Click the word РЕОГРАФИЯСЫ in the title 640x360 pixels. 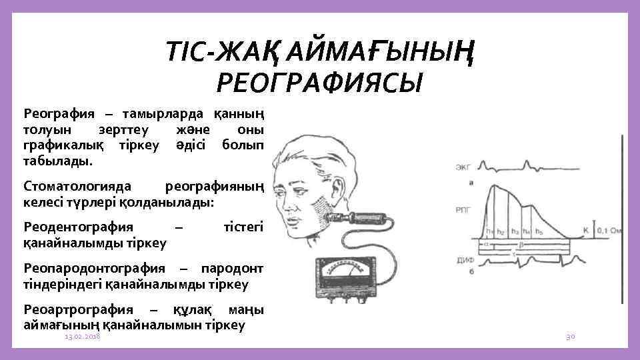click(x=320, y=83)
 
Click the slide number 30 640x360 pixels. click(x=570, y=338)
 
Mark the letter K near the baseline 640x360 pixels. click(x=585, y=231)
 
